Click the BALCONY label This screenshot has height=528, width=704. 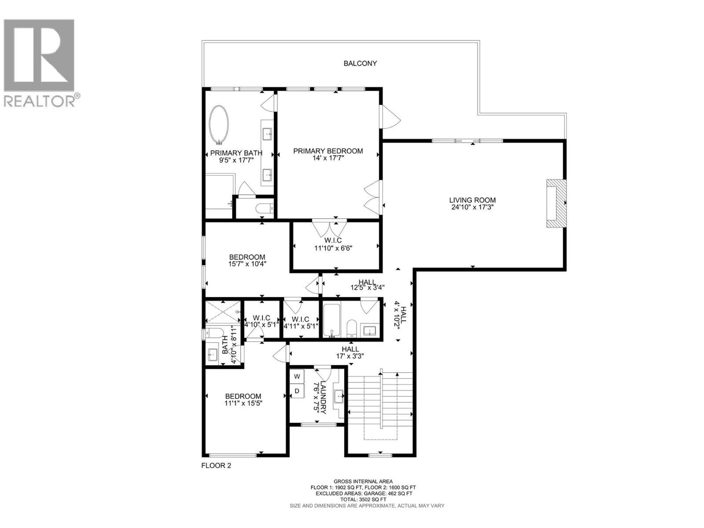pyautogui.click(x=360, y=63)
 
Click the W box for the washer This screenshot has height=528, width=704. pyautogui.click(x=297, y=377)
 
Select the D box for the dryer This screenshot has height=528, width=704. pyautogui.click(x=297, y=391)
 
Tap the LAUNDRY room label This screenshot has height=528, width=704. pyautogui.click(x=323, y=397)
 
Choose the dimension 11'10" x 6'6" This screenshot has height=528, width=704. pyautogui.click(x=334, y=248)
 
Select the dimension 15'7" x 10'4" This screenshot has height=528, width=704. pyautogui.click(x=247, y=264)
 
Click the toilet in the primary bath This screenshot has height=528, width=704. pyautogui.click(x=264, y=208)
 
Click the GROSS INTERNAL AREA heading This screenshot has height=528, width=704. pyautogui.click(x=363, y=481)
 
